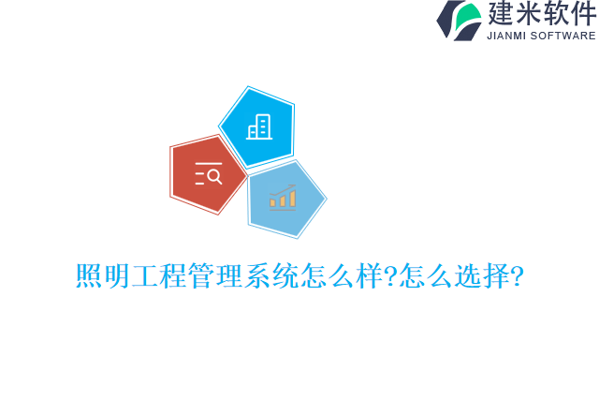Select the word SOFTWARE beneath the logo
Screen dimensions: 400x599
(563, 36)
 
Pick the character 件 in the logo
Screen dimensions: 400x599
(583, 14)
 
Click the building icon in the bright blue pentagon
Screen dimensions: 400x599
(259, 127)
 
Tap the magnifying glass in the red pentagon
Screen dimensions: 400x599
(214, 175)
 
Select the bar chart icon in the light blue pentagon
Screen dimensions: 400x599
(283, 198)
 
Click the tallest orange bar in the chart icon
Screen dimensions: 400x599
(292, 198)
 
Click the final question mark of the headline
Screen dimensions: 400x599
(515, 276)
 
